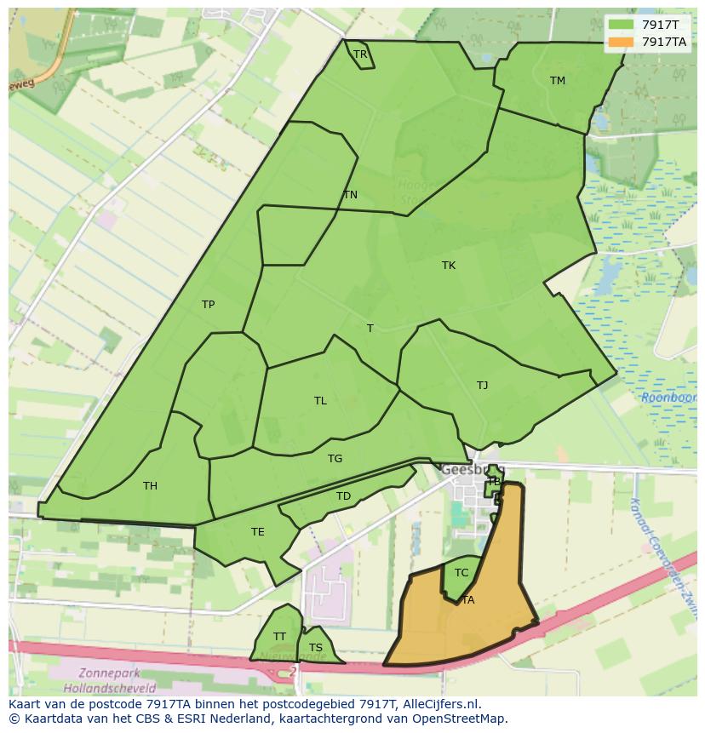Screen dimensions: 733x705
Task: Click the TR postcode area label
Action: pyautogui.click(x=360, y=54)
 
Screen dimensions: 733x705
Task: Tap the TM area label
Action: pyautogui.click(x=558, y=81)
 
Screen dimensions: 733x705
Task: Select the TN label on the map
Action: pyautogui.click(x=350, y=195)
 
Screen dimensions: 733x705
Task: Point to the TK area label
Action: pyautogui.click(x=449, y=266)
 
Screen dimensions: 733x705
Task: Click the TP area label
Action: pyautogui.click(x=208, y=305)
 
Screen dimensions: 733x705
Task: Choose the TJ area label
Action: pyautogui.click(x=483, y=386)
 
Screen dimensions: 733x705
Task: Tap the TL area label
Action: pyautogui.click(x=320, y=401)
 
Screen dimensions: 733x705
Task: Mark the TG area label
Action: pyautogui.click(x=335, y=459)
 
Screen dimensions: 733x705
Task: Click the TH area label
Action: pyautogui.click(x=150, y=486)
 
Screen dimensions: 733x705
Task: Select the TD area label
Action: pyautogui.click(x=343, y=496)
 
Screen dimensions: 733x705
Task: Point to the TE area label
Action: pyautogui.click(x=258, y=532)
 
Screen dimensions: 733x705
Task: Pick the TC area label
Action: pyautogui.click(x=461, y=573)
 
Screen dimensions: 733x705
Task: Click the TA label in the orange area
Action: pyautogui.click(x=467, y=600)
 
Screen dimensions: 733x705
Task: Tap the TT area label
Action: pyautogui.click(x=279, y=637)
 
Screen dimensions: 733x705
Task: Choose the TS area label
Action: pyautogui.click(x=316, y=648)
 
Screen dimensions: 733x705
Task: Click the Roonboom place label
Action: pyautogui.click(x=668, y=397)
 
